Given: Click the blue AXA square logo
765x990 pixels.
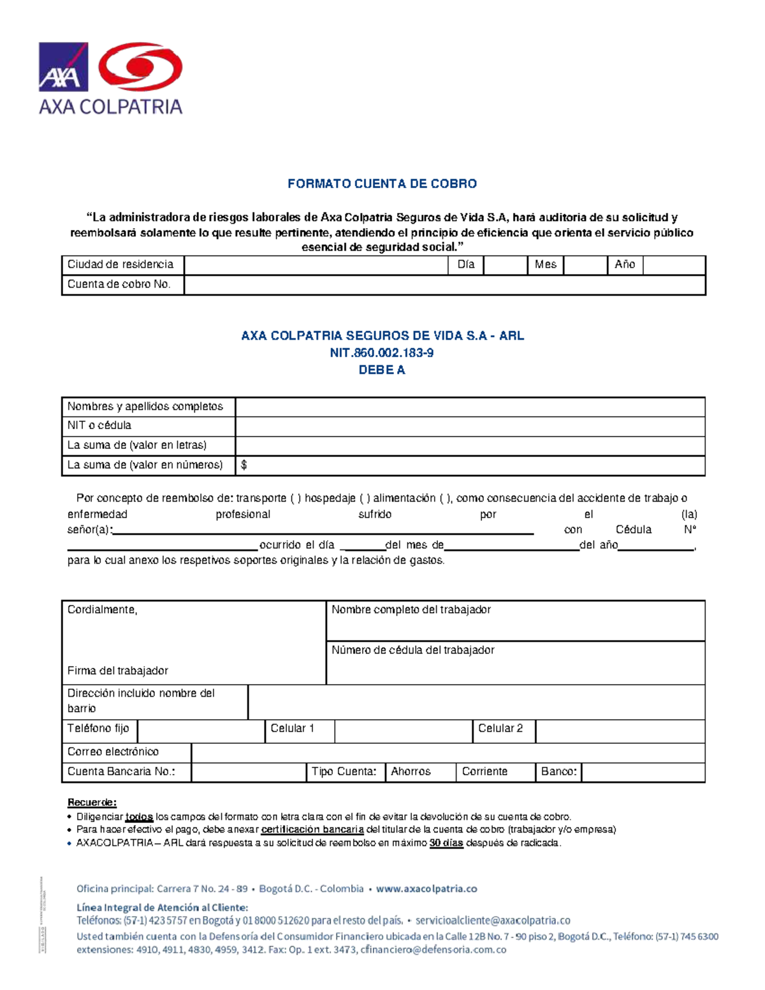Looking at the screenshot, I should tap(63, 67).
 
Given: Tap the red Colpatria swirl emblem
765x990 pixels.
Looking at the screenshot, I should tap(141, 67).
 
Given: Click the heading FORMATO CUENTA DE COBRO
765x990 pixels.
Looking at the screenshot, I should tap(382, 184).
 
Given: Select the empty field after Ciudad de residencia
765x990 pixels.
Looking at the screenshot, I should tap(316, 265).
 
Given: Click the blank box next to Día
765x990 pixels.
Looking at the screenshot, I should tap(505, 265).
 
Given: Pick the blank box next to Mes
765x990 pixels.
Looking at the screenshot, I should tap(585, 265).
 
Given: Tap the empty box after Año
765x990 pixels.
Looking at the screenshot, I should tap(674, 265).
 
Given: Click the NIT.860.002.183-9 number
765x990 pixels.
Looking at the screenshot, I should tap(382, 353).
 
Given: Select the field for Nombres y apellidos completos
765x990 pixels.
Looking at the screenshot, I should tap(470, 407).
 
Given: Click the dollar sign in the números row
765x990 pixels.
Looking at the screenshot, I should tap(244, 465).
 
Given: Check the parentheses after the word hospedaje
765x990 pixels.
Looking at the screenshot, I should tap(365, 499).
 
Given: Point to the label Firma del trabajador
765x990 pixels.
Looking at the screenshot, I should tap(118, 671).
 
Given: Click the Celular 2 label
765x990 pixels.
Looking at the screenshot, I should tap(500, 728).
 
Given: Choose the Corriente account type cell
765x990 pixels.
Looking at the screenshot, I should tap(495, 772).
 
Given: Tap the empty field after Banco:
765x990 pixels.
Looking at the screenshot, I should tap(643, 772).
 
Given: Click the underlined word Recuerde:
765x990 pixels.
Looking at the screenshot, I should tap(92, 802).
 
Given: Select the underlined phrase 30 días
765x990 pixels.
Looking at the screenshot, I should tap(446, 843).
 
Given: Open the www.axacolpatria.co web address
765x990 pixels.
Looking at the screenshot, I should tap(426, 889).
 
